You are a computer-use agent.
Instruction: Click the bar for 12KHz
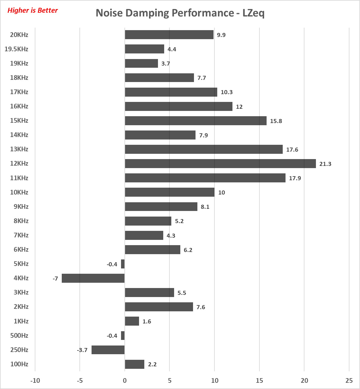220,163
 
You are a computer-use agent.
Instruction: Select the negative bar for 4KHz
93,278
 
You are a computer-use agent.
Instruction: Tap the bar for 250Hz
108,350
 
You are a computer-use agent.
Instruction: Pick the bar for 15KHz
196,121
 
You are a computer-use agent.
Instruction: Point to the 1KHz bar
132,321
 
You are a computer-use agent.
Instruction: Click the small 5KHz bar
123,264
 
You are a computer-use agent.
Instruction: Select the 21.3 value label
325,164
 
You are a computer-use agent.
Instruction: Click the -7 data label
55,278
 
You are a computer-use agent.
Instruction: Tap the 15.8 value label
276,121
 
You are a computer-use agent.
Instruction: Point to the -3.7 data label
82,350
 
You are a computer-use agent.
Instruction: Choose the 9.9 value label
221,35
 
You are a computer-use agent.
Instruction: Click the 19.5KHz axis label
16,49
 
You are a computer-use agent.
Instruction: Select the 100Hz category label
19,364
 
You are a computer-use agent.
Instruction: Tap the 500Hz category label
19,336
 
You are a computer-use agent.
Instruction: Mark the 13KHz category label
19,149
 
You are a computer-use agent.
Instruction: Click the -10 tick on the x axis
35,381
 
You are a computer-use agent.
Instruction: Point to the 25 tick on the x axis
349,381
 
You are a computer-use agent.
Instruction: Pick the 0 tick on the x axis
125,381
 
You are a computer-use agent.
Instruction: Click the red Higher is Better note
33,10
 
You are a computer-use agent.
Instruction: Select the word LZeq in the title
253,13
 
